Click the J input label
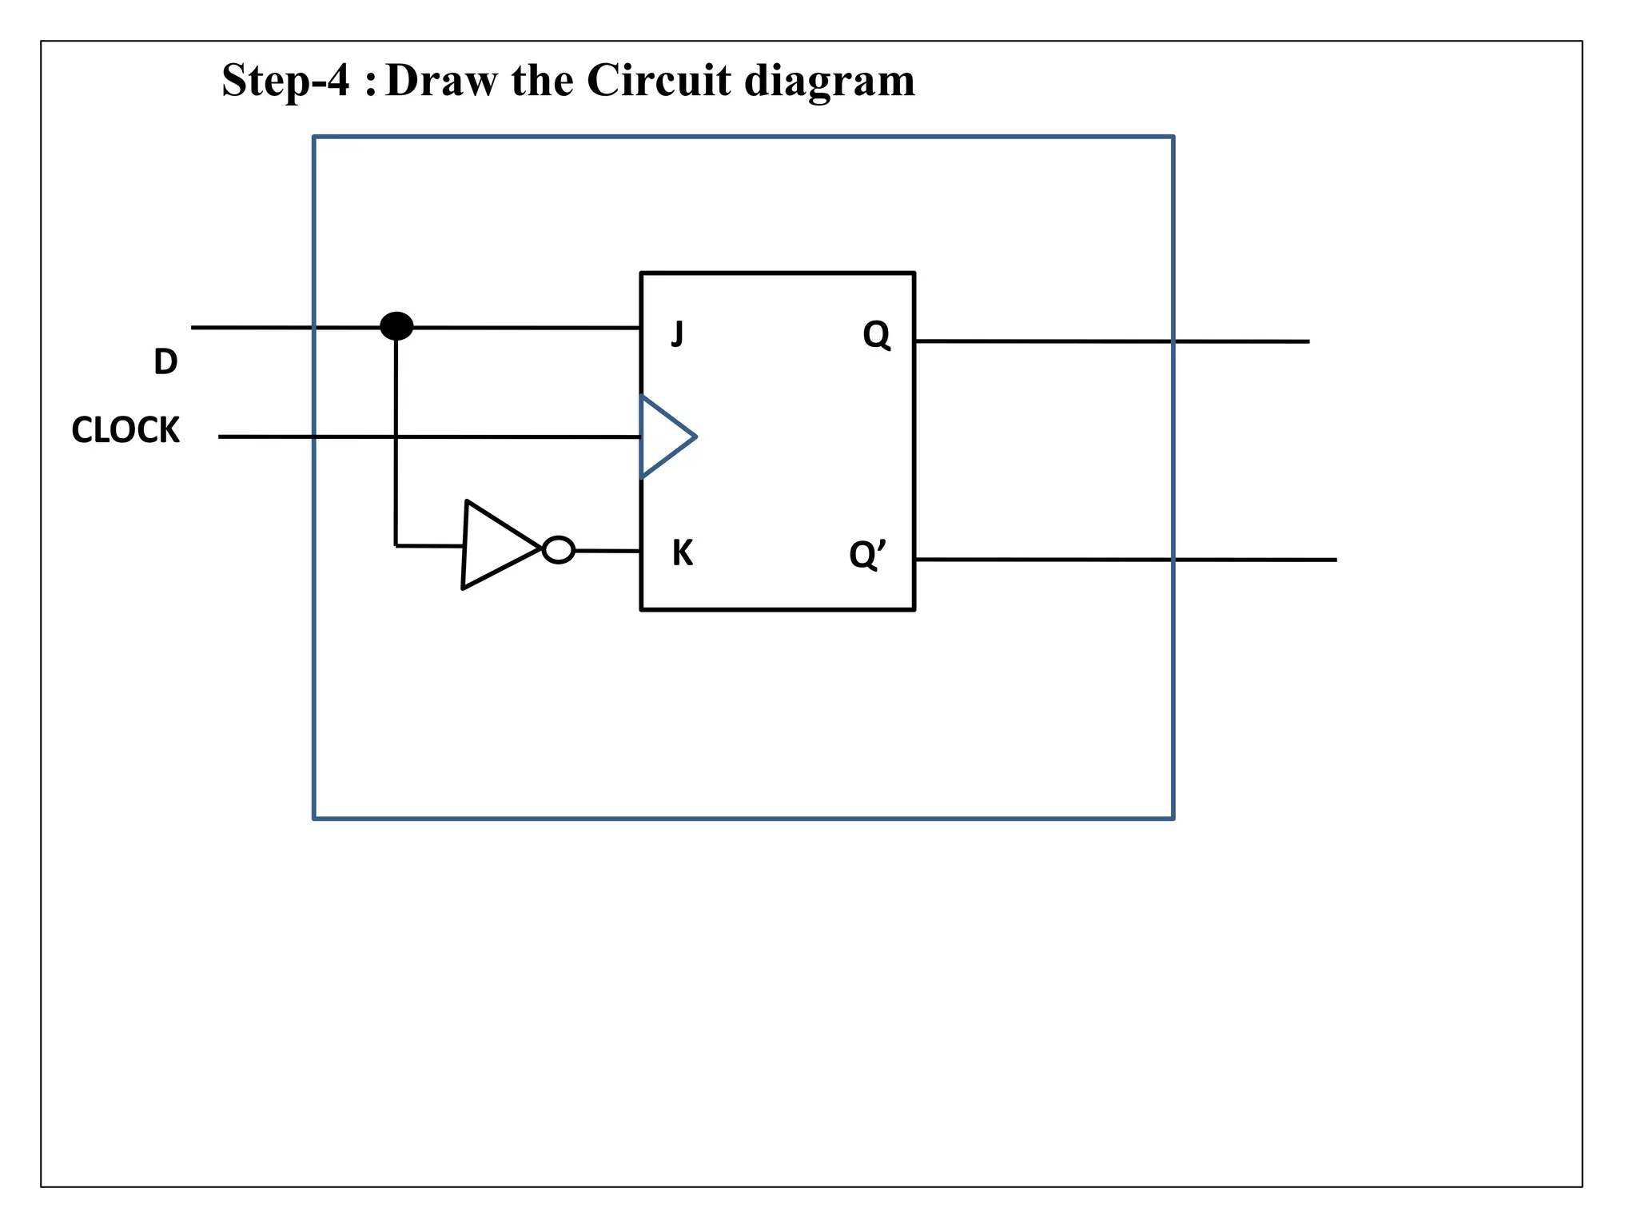coord(677,333)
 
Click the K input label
coord(682,553)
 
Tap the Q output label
coord(876,334)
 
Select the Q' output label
coord(867,554)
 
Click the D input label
coord(165,362)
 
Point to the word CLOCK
coord(125,430)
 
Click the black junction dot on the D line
coord(396,326)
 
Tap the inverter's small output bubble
coord(558,550)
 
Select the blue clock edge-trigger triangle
coord(663,437)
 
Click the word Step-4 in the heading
coord(285,81)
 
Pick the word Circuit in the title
coord(659,81)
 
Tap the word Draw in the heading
coord(440,81)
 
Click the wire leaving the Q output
coord(1111,341)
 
